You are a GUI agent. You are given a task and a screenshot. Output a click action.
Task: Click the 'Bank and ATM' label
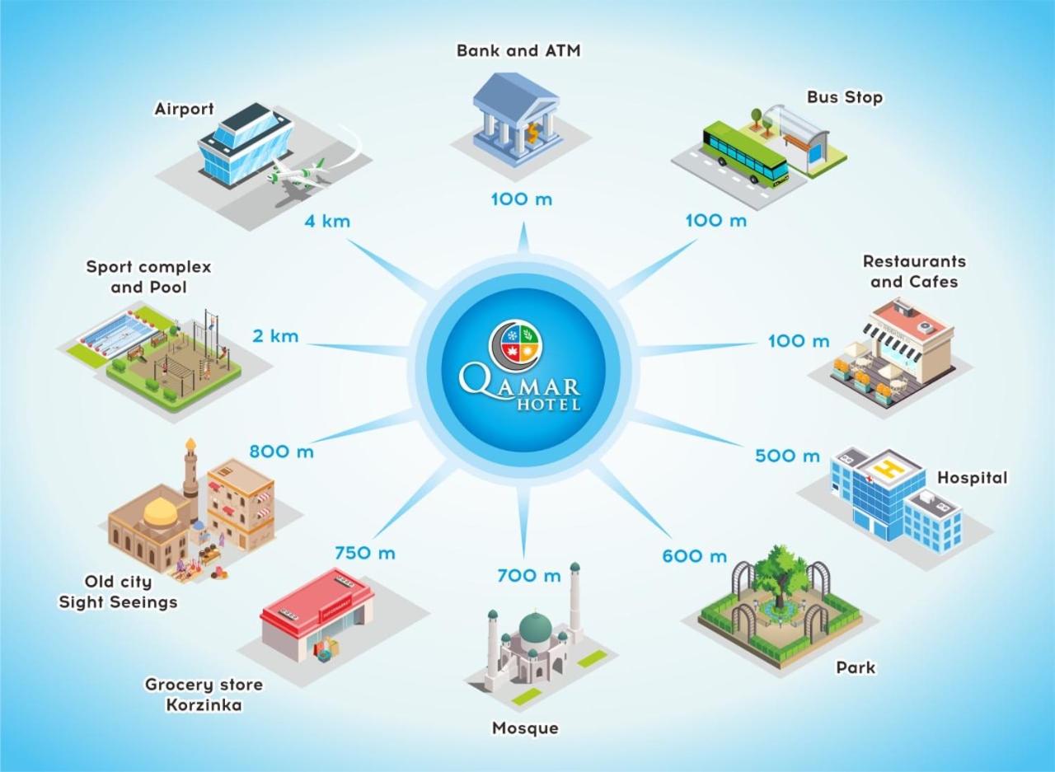click(x=518, y=50)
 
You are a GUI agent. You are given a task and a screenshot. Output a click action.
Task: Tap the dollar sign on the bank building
click(x=534, y=131)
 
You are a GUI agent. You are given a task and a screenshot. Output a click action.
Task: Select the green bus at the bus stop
click(x=744, y=153)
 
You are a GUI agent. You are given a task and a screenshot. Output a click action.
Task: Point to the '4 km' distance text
click(x=328, y=221)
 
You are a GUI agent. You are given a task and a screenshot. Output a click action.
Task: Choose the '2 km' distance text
click(x=275, y=336)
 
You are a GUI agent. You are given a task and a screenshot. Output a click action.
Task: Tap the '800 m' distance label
click(x=281, y=452)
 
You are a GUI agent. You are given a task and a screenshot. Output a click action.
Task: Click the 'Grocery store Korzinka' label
click(x=204, y=695)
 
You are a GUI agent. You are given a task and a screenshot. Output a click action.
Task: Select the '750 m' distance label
click(x=364, y=553)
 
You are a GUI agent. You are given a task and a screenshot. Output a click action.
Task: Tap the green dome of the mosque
click(x=534, y=626)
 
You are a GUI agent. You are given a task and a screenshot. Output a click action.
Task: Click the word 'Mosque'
click(x=525, y=728)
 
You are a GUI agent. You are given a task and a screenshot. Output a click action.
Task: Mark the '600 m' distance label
click(x=694, y=556)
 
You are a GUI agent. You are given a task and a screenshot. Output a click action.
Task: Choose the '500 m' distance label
click(x=787, y=456)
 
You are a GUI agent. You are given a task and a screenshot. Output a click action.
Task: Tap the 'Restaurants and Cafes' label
click(x=914, y=271)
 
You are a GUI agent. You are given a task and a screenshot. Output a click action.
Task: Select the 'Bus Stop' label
click(x=845, y=97)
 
